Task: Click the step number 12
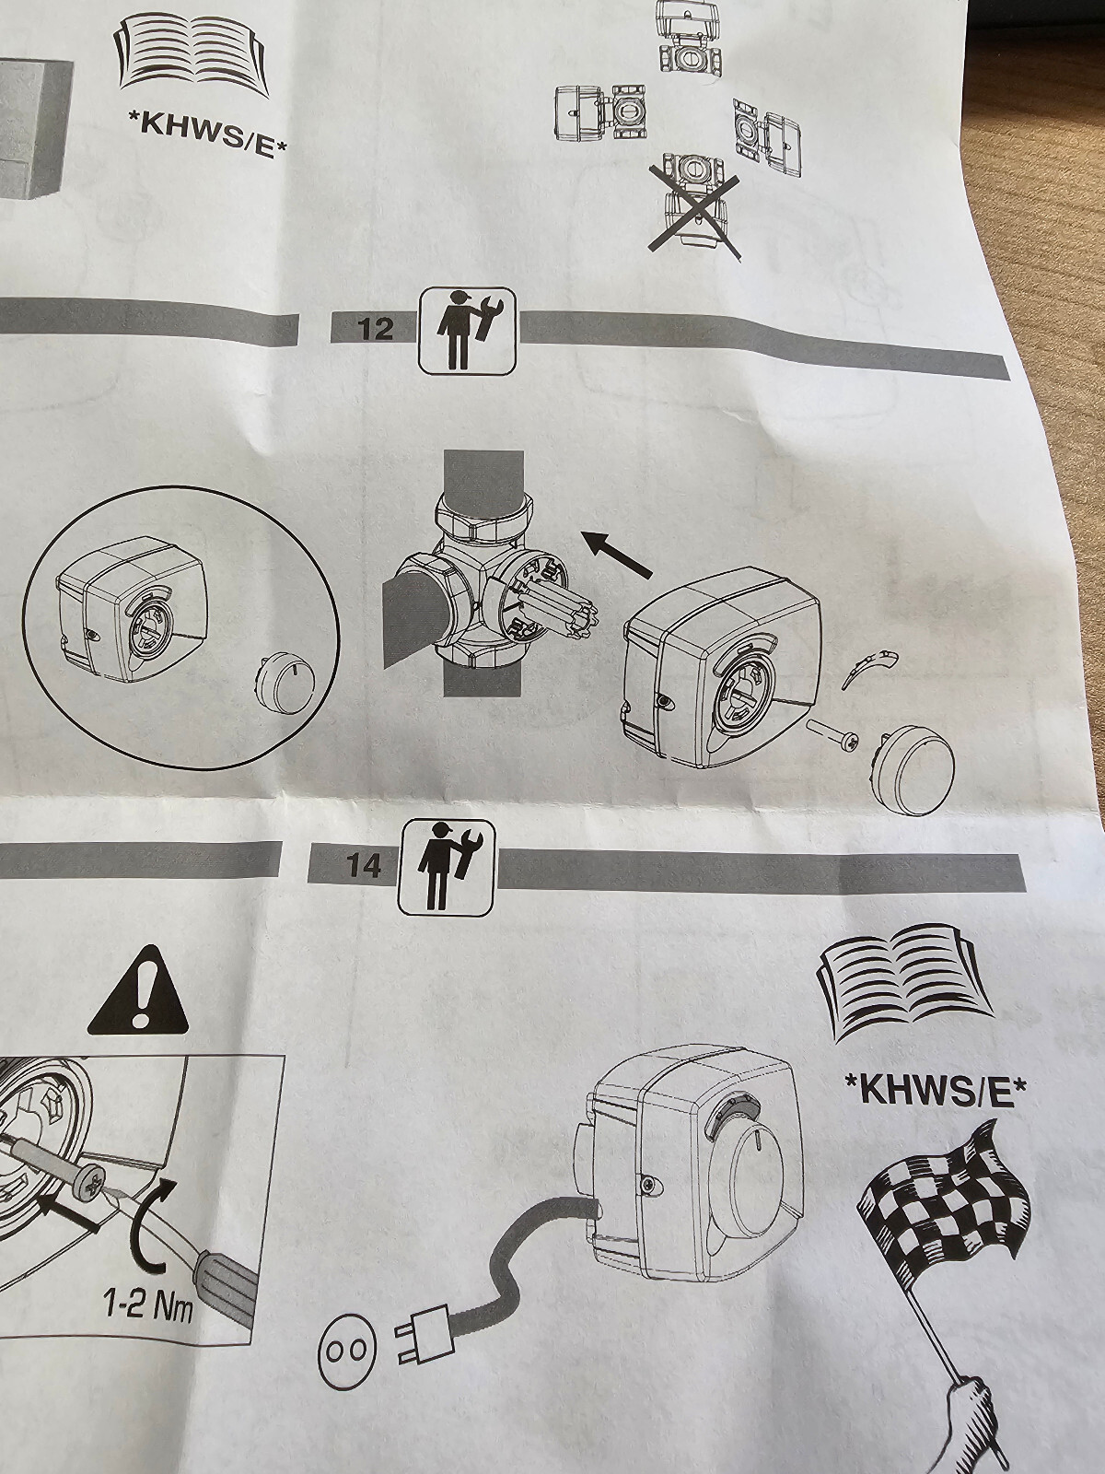coord(376,331)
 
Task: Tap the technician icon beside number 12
coord(468,330)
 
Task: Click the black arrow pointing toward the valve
coord(616,555)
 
